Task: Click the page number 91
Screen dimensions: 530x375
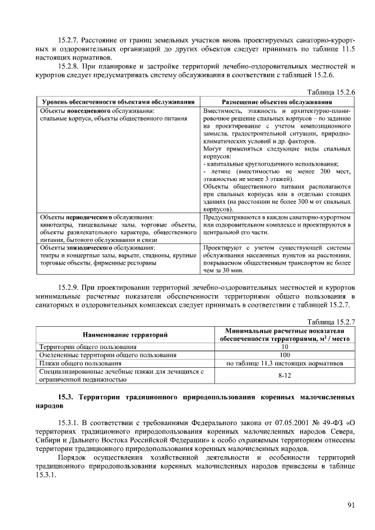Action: [x=351, y=505]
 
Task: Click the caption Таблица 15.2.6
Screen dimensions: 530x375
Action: [x=332, y=93]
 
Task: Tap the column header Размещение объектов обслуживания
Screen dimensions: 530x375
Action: [x=277, y=102]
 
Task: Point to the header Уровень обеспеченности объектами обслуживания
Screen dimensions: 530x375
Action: [x=117, y=102]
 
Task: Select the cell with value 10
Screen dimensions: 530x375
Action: [x=285, y=347]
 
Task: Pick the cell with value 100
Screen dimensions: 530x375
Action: [x=285, y=355]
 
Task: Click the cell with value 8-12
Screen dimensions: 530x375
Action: [x=285, y=375]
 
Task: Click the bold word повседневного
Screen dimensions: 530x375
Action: [x=93, y=110]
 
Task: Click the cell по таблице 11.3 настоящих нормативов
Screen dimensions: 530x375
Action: [x=285, y=363]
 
